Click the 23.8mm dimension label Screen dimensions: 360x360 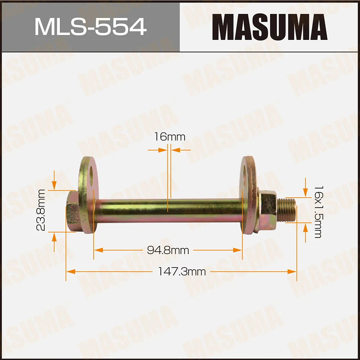click(41, 210)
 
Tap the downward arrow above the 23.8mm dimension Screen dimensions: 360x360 click(54, 185)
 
